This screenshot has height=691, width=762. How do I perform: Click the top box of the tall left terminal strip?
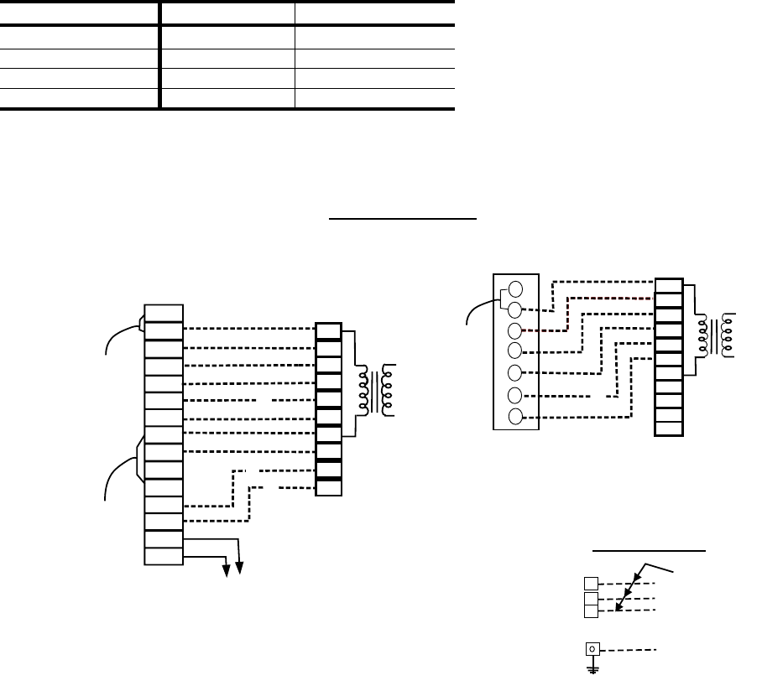pyautogui.click(x=163, y=313)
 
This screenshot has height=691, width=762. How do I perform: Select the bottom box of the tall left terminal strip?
pyautogui.click(x=163, y=555)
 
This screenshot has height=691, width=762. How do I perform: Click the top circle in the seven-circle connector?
pyautogui.click(x=516, y=288)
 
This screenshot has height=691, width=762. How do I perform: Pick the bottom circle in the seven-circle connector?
pyautogui.click(x=516, y=417)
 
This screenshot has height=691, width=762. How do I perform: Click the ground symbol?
pyautogui.click(x=593, y=668)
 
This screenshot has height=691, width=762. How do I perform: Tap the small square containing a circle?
pyautogui.click(x=593, y=648)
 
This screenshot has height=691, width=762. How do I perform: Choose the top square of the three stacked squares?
pyautogui.click(x=592, y=583)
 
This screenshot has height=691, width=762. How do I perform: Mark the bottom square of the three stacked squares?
pyautogui.click(x=592, y=611)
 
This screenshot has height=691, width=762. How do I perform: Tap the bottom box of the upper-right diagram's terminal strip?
pyautogui.click(x=668, y=429)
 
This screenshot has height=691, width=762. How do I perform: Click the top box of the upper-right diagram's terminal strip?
pyautogui.click(x=668, y=285)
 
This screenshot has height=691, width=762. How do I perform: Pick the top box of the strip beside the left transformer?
pyautogui.click(x=328, y=330)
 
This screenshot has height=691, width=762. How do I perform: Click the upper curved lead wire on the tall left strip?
pyautogui.click(x=117, y=333)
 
